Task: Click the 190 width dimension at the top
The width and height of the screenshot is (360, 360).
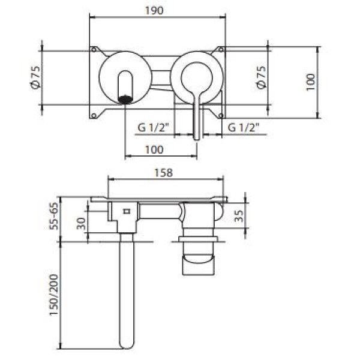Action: [154, 11]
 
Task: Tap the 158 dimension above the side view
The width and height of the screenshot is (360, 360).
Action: [163, 173]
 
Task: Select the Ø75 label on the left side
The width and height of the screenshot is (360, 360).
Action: [35, 77]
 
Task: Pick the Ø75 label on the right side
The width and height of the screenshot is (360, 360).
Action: [261, 77]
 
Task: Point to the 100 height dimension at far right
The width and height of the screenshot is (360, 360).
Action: [310, 82]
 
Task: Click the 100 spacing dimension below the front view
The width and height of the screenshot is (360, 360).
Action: [154, 149]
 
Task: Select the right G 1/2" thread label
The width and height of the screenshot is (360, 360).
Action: [244, 127]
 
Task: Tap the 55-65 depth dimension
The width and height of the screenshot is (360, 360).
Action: [55, 216]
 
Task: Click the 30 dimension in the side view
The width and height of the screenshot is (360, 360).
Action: [81, 224]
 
